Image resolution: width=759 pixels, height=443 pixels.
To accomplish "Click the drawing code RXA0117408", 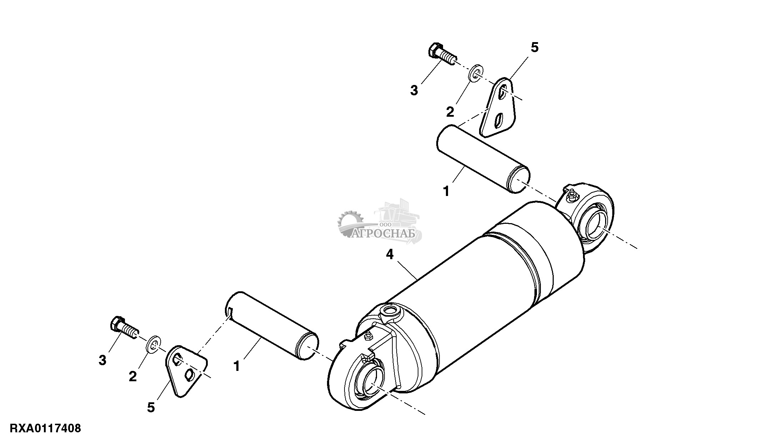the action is coord(45,428).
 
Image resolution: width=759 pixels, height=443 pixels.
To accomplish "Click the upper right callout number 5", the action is coord(534,47).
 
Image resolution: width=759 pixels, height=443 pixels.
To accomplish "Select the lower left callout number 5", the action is coord(151,407).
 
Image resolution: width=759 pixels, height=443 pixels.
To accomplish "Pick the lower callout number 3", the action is coord(102,361).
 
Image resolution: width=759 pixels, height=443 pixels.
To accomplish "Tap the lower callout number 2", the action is coord(133,376).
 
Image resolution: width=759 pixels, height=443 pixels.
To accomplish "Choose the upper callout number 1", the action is coord(446,191).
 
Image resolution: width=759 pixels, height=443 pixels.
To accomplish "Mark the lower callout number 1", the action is coord(236,366).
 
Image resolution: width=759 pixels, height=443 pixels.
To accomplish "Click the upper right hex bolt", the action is coord(442,57).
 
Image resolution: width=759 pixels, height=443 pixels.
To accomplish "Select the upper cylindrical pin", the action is coord(483,158).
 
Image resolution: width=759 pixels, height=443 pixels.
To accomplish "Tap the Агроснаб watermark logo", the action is coord(379,223).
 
